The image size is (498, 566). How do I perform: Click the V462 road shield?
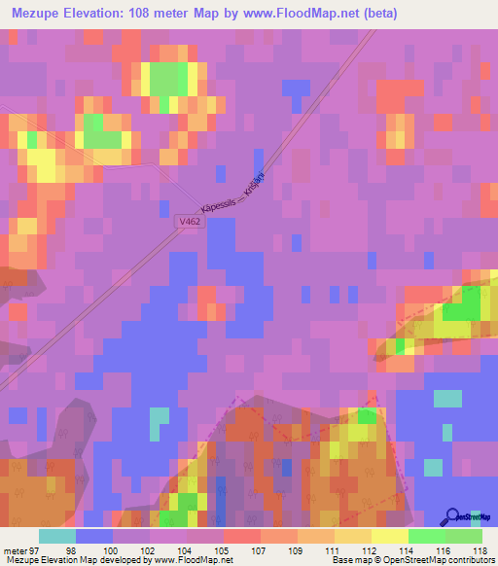pyautogui.click(x=190, y=223)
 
